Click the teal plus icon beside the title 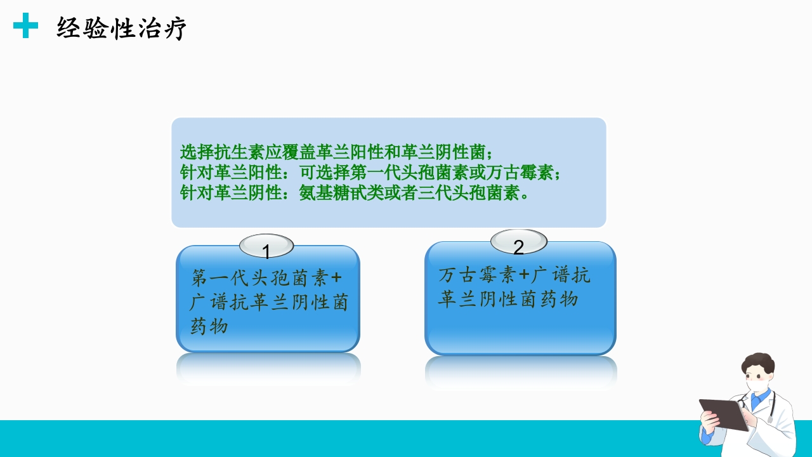click(25, 26)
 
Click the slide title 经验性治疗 click(121, 29)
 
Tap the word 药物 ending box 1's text click(209, 327)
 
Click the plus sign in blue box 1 click(337, 279)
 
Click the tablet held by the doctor click(724, 414)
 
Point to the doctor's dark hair click(759, 362)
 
